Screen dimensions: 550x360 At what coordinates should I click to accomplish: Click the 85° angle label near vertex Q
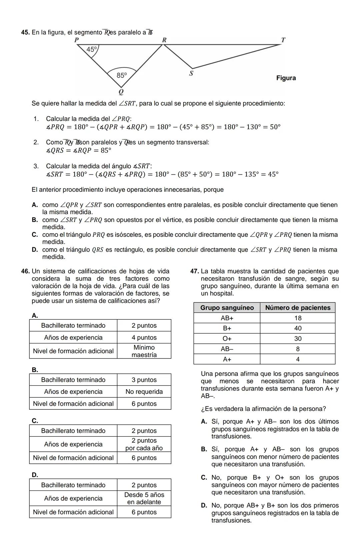pyautogui.click(x=122, y=75)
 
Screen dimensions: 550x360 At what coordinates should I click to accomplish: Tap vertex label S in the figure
pyautogui.click(x=191, y=73)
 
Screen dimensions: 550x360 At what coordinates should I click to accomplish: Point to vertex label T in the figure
pyautogui.click(x=283, y=40)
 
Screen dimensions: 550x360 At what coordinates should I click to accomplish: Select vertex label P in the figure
pyautogui.click(x=76, y=40)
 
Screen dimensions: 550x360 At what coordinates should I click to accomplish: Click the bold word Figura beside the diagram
pyautogui.click(x=286, y=78)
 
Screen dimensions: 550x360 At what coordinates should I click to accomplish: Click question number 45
pyautogui.click(x=25, y=32)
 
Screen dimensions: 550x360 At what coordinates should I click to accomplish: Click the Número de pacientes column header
pyautogui.click(x=298, y=308)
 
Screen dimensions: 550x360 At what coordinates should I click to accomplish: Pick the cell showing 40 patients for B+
pyautogui.click(x=298, y=328)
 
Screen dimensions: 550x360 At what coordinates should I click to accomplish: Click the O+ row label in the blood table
pyautogui.click(x=227, y=338)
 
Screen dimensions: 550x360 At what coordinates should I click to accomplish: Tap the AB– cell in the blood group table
pyautogui.click(x=227, y=349)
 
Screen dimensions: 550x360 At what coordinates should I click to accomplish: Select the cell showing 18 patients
pyautogui.click(x=298, y=318)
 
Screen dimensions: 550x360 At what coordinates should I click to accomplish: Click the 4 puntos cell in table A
pyautogui.click(x=144, y=337)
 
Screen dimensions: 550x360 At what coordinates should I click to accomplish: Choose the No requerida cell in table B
pyautogui.click(x=144, y=392)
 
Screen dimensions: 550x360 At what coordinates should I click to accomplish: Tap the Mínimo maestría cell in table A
pyautogui.click(x=144, y=351)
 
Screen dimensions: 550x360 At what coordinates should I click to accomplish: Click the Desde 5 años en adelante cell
pyautogui.click(x=144, y=498)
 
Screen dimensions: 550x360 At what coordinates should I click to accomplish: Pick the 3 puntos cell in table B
pyautogui.click(x=144, y=380)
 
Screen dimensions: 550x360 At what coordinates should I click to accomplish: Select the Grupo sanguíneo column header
pyautogui.click(x=227, y=308)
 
